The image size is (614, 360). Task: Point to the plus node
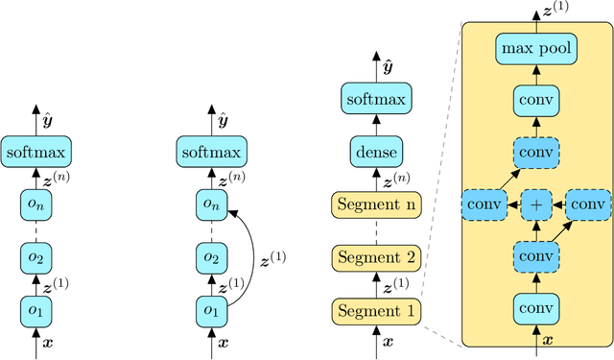[x=535, y=204]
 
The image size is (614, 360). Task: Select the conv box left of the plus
[x=485, y=204]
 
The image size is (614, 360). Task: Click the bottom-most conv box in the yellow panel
[x=535, y=309]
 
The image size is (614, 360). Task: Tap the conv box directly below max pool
[x=535, y=98]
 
